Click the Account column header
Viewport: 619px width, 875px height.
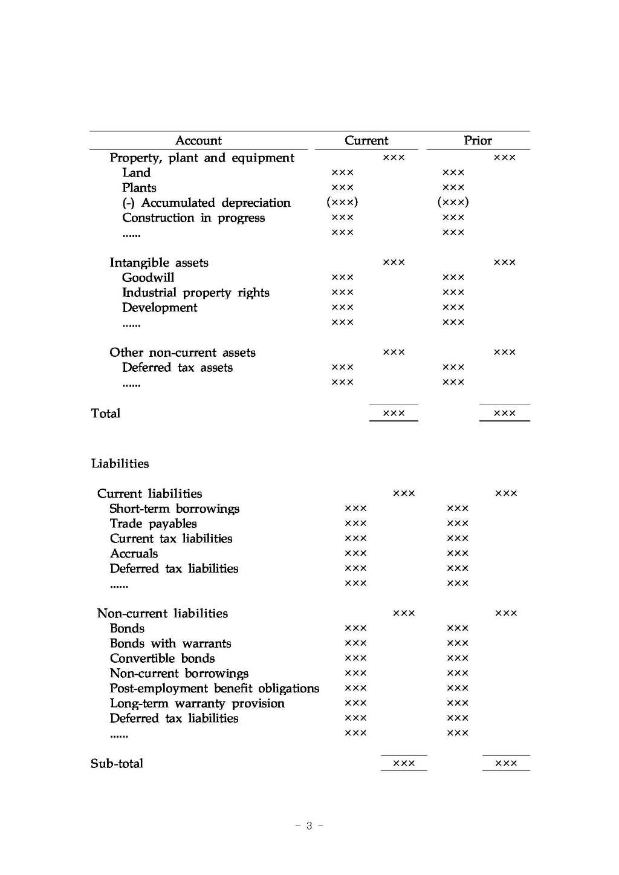(198, 141)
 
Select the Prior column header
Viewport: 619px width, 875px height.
(478, 141)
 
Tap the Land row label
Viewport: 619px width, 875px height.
(136, 173)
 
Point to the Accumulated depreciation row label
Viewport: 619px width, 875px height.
(206, 203)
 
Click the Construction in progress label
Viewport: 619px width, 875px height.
(193, 218)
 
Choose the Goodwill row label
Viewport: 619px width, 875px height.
(148, 278)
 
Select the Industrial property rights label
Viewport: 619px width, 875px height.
(195, 293)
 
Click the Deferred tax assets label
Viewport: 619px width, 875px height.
(177, 368)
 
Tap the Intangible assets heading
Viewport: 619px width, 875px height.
(159, 262)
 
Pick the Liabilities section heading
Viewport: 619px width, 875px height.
(120, 464)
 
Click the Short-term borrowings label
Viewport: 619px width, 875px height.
(174, 509)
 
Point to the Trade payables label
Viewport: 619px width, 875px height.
(153, 524)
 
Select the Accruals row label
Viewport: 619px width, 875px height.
(134, 553)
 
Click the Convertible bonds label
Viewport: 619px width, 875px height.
(162, 659)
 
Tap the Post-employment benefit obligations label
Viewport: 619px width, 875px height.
(214, 688)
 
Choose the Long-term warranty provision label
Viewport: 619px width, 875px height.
(197, 703)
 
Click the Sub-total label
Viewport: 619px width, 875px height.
(117, 764)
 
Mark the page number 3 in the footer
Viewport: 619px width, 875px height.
(309, 826)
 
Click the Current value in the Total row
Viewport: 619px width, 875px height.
(394, 414)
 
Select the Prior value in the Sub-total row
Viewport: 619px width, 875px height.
(505, 764)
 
